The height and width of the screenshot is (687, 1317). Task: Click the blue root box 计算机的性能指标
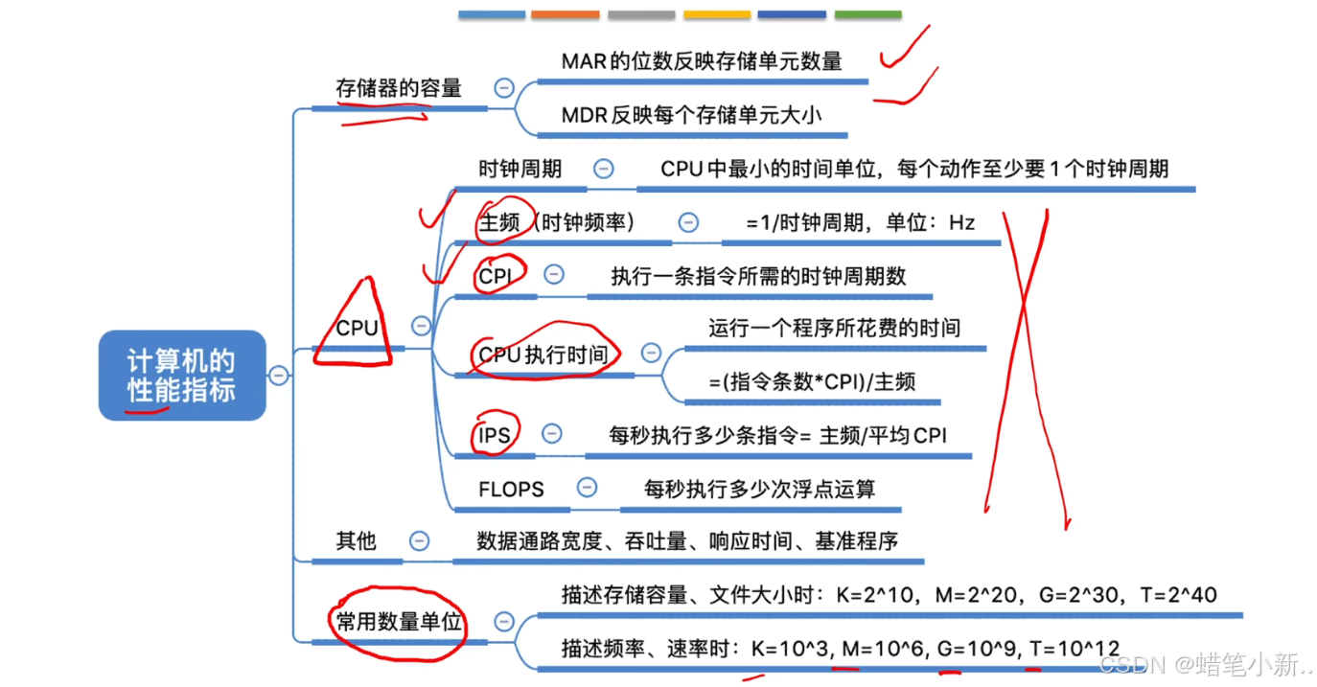(x=181, y=375)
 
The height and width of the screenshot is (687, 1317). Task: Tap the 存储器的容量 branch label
(x=399, y=89)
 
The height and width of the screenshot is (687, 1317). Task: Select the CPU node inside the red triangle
(x=357, y=328)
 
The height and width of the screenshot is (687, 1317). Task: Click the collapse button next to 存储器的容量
(x=504, y=88)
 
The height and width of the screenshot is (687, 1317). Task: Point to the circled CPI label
(x=495, y=276)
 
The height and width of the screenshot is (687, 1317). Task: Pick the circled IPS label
(x=495, y=435)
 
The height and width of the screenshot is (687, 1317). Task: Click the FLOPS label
(x=511, y=490)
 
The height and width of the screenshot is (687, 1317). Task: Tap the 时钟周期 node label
(x=520, y=170)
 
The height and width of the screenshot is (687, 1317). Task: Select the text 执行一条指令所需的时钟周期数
(x=758, y=276)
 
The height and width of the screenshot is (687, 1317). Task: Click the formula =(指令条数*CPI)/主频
(x=812, y=381)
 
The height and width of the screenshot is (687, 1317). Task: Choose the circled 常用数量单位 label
(x=399, y=623)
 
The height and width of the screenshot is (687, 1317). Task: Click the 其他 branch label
(x=356, y=541)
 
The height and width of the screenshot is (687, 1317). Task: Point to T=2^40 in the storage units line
(x=1178, y=595)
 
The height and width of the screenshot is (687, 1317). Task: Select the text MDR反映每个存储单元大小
(x=691, y=115)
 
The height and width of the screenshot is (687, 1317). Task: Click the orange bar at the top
(x=565, y=14)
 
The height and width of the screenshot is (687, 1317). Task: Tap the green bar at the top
(x=867, y=14)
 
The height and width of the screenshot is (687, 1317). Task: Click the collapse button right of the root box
(x=278, y=376)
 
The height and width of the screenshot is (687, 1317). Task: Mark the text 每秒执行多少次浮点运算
(x=759, y=490)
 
